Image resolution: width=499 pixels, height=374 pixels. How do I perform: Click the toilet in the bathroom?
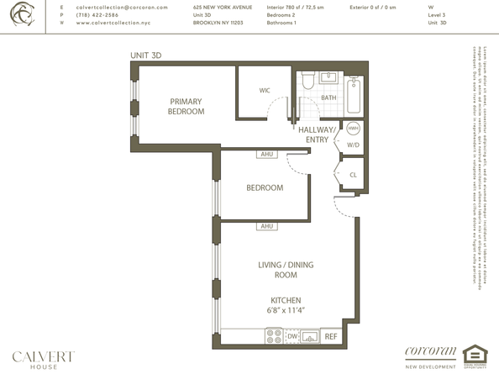(x=307, y=81)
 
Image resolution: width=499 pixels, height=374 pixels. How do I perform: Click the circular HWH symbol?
(x=353, y=129)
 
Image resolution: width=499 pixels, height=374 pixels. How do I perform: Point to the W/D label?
(x=353, y=144)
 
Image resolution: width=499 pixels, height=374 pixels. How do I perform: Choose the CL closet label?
(x=353, y=175)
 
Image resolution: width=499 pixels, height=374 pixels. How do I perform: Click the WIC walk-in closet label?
(x=264, y=89)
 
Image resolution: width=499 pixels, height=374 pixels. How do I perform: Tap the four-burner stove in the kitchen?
(x=274, y=336)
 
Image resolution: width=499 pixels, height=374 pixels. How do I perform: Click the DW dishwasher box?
(x=292, y=336)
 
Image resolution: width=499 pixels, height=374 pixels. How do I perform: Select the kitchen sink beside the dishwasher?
(x=310, y=336)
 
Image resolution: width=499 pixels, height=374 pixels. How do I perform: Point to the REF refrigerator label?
(x=331, y=336)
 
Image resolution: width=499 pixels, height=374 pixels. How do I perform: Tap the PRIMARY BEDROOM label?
(x=186, y=106)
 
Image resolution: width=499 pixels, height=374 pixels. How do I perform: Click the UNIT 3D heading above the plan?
(x=144, y=55)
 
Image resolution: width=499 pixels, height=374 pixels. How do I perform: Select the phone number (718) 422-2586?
(x=97, y=15)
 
